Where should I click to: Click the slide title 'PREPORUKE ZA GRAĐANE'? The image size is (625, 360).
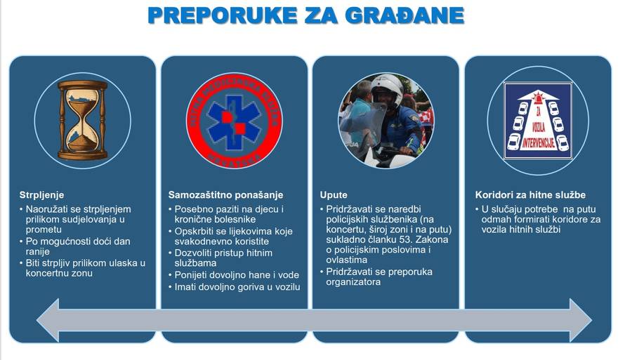(305, 16)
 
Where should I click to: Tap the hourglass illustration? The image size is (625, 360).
(83, 119)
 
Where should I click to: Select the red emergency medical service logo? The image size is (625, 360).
(234, 120)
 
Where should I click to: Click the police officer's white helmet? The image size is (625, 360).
(388, 88)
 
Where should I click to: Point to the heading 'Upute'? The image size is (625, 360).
(334, 194)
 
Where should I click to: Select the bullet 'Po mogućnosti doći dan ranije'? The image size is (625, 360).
(76, 246)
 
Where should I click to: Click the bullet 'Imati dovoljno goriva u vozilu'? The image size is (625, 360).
(235, 286)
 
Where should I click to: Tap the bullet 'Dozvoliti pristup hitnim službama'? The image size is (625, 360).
(223, 258)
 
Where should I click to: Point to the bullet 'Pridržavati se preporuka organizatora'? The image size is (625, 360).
(379, 276)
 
